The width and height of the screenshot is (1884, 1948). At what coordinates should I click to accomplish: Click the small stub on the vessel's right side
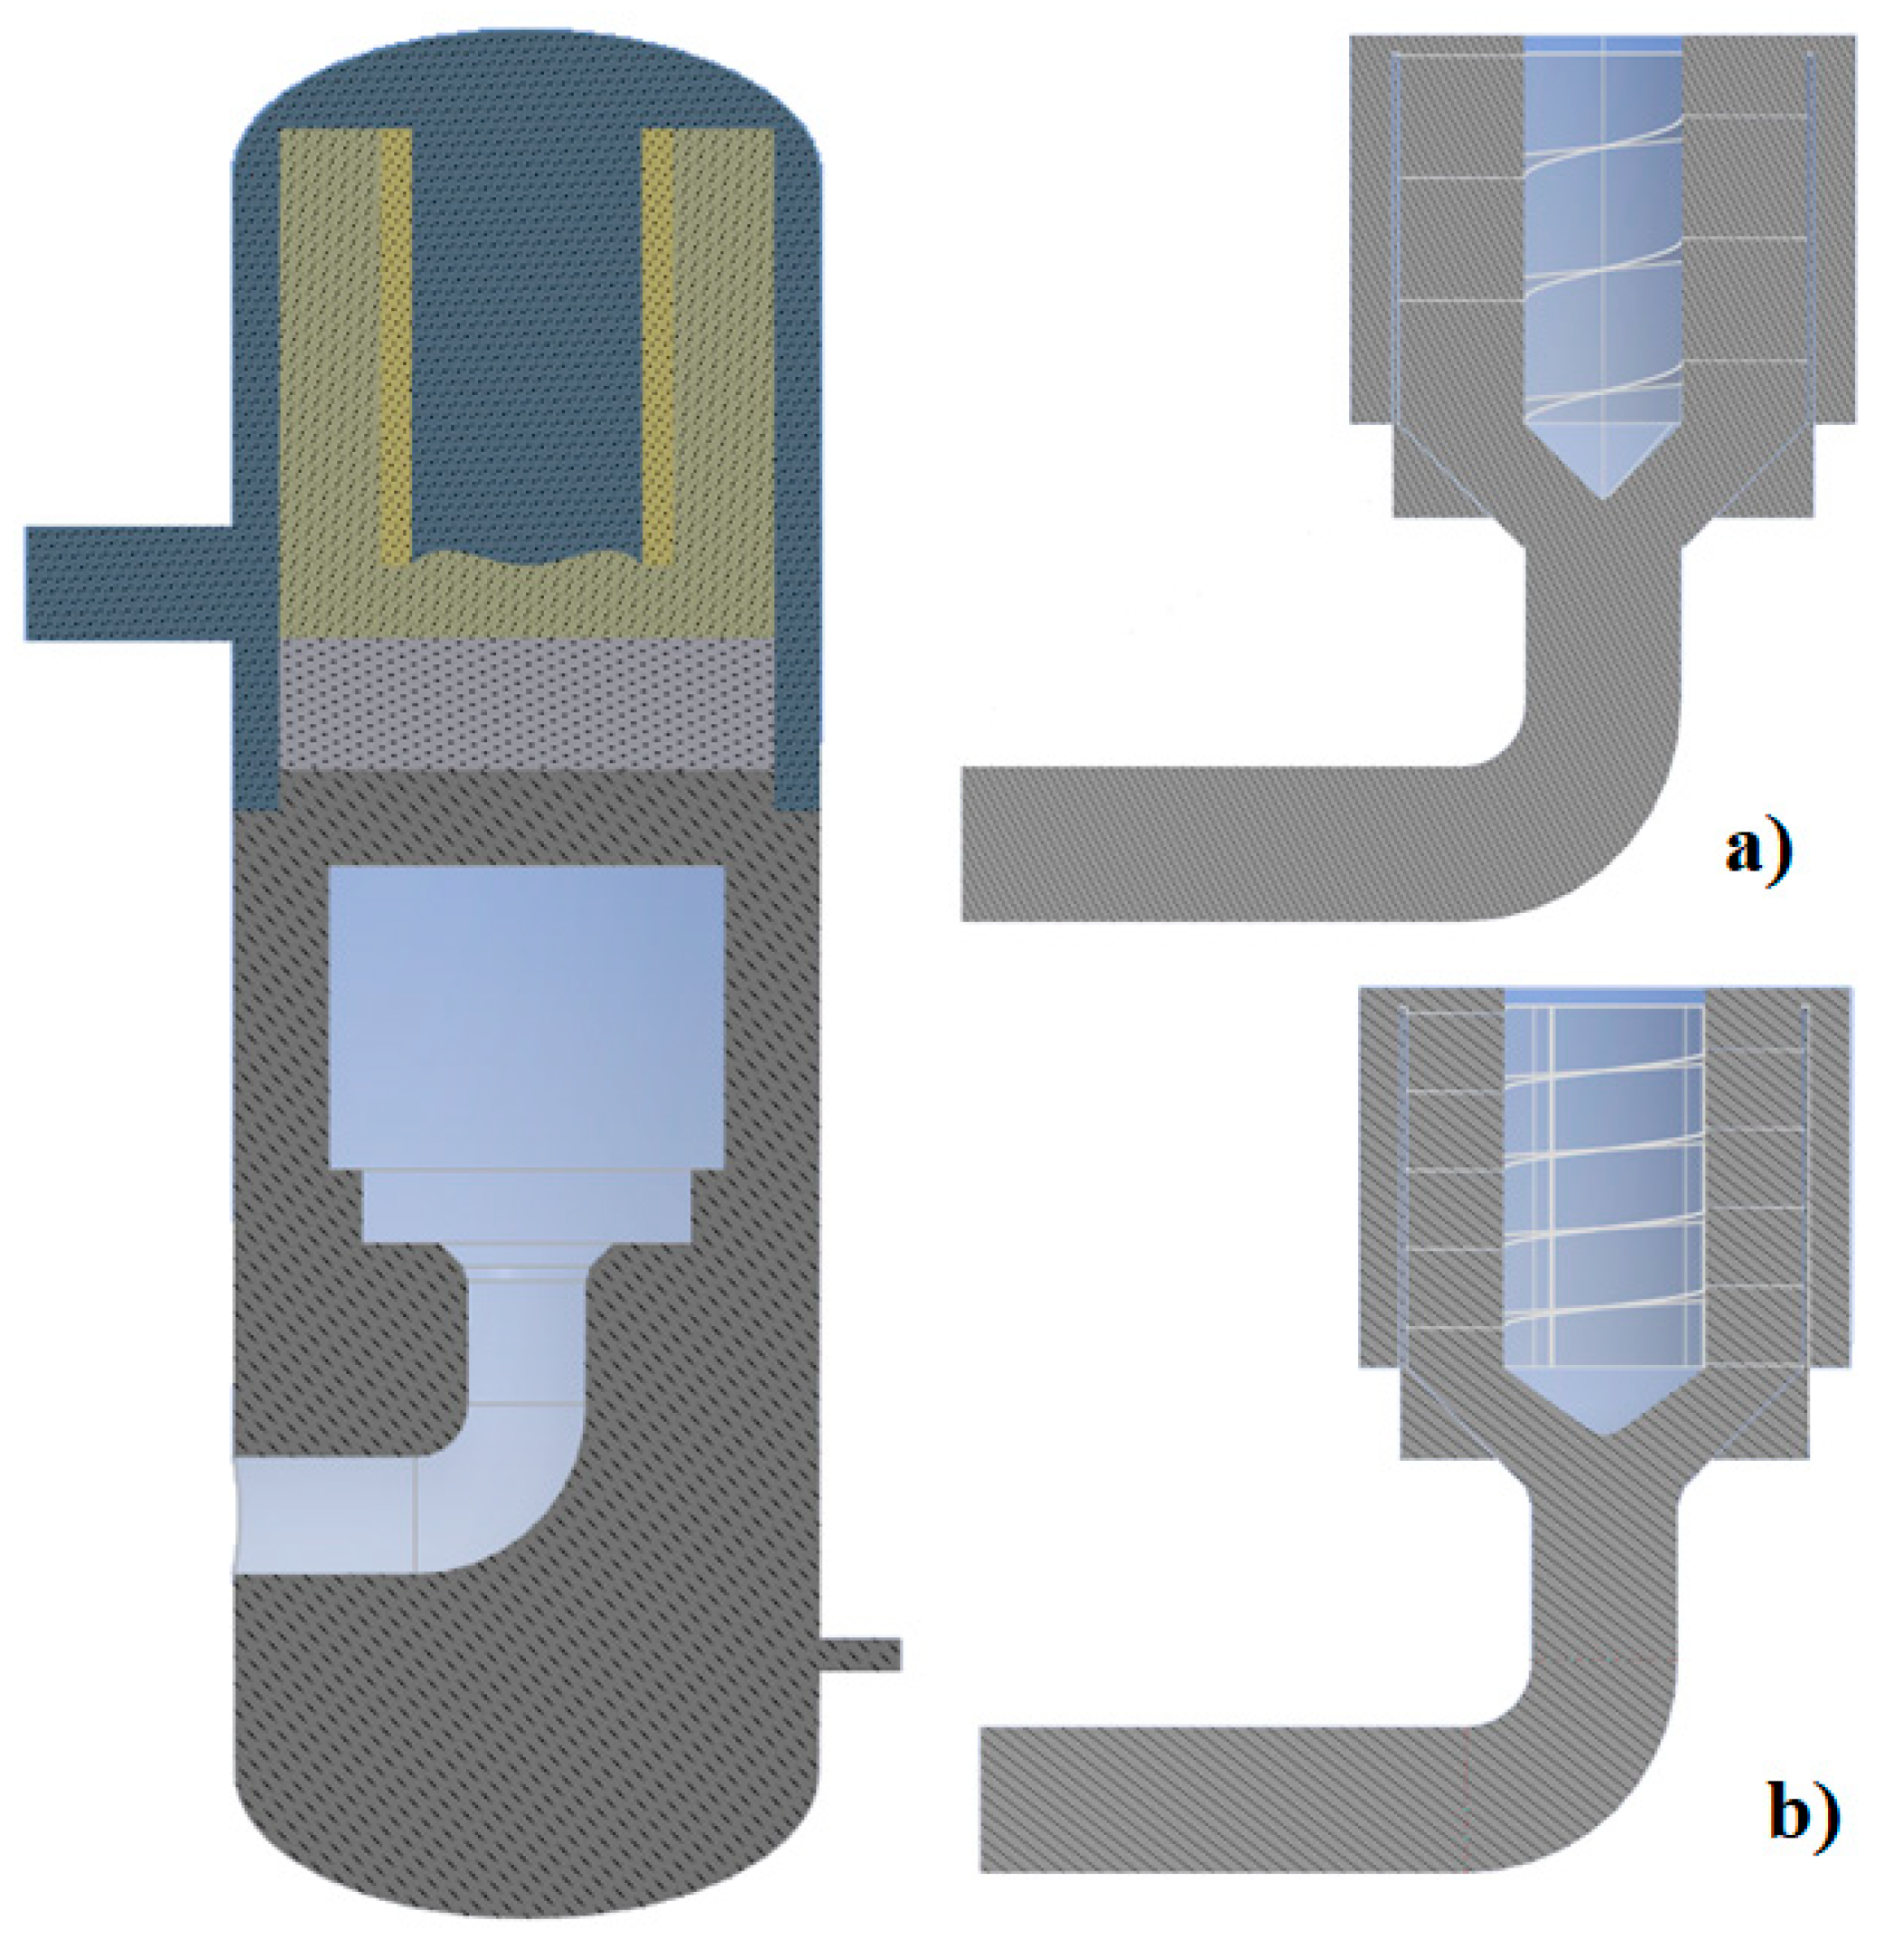[x=860, y=1655]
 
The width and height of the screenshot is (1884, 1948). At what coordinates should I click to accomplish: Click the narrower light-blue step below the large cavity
[x=527, y=1206]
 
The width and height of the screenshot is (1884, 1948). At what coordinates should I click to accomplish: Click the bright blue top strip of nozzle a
[x=1603, y=43]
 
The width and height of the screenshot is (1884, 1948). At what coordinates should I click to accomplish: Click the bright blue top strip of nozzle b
[x=1605, y=997]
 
